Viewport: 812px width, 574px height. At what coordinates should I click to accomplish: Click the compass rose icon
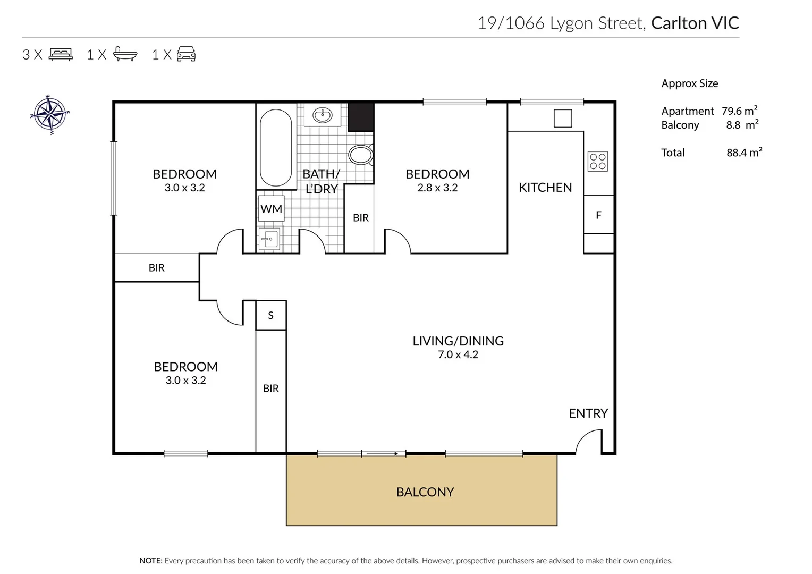(50, 114)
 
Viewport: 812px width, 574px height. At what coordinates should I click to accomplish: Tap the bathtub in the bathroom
(276, 147)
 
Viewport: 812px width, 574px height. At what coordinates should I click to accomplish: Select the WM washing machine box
(271, 209)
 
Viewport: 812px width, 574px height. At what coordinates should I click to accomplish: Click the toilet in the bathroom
(361, 155)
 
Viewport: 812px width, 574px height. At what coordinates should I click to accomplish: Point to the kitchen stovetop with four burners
(598, 161)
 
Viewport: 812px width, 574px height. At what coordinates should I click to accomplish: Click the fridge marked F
(599, 215)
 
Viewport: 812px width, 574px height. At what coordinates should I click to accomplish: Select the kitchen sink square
(563, 118)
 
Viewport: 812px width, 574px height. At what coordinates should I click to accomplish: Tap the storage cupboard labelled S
(271, 315)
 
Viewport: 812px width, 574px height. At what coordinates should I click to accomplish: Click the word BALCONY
(425, 492)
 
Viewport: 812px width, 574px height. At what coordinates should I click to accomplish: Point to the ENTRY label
(588, 413)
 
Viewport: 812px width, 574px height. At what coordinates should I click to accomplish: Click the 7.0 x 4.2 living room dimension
(458, 354)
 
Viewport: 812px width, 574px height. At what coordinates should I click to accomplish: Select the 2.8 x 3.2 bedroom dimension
(437, 188)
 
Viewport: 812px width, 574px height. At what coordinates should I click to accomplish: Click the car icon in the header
(186, 54)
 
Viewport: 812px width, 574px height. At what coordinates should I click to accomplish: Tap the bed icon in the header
(61, 54)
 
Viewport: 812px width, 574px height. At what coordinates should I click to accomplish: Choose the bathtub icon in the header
(125, 54)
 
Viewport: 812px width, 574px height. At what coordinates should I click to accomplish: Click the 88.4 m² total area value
(744, 153)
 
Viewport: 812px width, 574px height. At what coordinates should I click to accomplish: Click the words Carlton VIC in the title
(695, 23)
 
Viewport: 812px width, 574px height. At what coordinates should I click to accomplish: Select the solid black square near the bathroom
(361, 117)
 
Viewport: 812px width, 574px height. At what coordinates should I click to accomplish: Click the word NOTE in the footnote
(150, 561)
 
